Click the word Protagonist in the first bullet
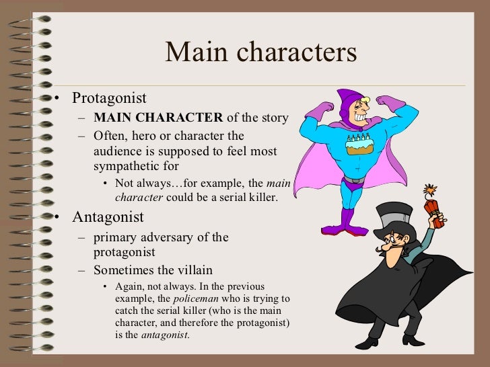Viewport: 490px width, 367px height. (x=109, y=98)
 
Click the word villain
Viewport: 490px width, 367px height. (x=194, y=270)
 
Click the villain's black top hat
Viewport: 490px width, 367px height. (x=395, y=220)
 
